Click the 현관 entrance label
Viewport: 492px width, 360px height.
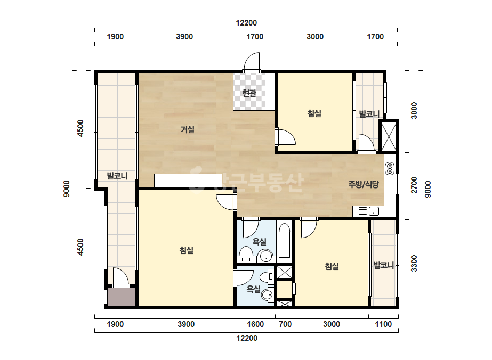[249, 93]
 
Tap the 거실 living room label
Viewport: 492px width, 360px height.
[188, 129]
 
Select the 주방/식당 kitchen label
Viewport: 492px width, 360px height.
[364, 184]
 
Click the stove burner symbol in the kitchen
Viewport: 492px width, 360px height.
[390, 168]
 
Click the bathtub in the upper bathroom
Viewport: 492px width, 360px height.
[285, 241]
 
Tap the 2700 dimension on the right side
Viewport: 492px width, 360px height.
[414, 185]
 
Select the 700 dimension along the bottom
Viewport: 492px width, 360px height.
[285, 324]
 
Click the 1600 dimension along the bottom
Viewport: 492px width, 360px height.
[255, 324]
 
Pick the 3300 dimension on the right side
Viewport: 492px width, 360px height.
[414, 264]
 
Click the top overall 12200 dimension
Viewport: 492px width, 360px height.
[246, 23]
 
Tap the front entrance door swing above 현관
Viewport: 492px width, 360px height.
[252, 62]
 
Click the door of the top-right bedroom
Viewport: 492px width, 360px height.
[285, 137]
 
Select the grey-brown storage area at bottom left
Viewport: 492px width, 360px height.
[122, 297]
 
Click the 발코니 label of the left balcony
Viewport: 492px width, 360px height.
[117, 176]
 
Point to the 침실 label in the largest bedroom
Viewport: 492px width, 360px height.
[187, 250]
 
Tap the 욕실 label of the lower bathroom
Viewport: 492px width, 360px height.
[253, 289]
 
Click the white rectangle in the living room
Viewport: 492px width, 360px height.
[188, 181]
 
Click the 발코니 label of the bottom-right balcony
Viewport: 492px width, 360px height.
[383, 266]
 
